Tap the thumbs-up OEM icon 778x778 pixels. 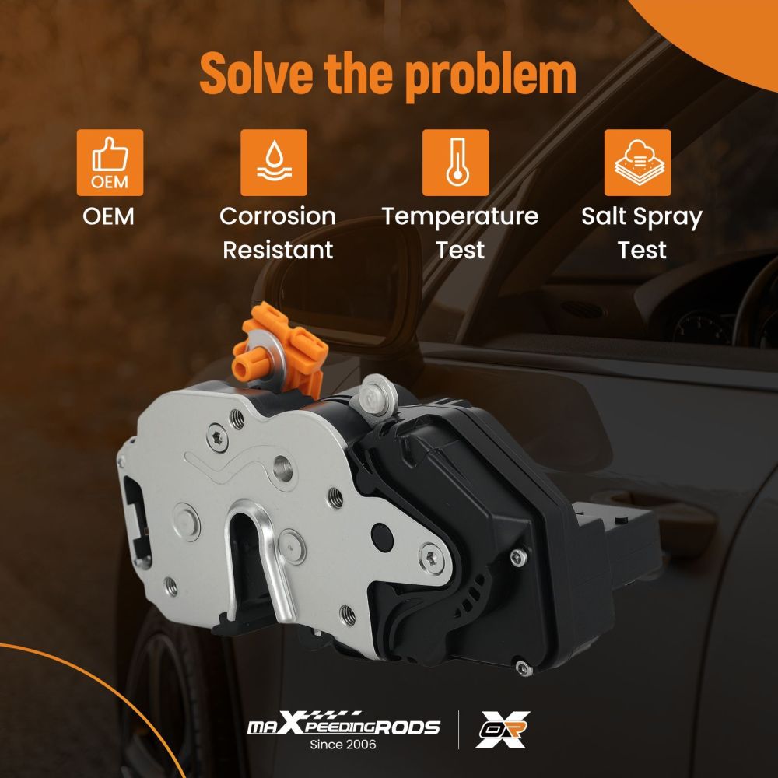coord(110,163)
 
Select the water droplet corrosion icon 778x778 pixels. coord(274,163)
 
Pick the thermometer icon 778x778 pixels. coord(455,163)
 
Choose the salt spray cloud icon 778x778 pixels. coord(638,163)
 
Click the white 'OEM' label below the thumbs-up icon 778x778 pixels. coord(109,216)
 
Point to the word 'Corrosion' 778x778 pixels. coord(278,216)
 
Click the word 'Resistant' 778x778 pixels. coord(278,250)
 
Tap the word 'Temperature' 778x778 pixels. coord(460,217)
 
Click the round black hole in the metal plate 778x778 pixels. coord(382,537)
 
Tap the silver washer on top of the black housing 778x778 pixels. coord(379,395)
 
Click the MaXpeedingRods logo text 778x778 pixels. coord(343,725)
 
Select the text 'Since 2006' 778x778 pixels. coord(343,745)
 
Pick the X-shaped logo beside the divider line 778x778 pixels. coord(503,730)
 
